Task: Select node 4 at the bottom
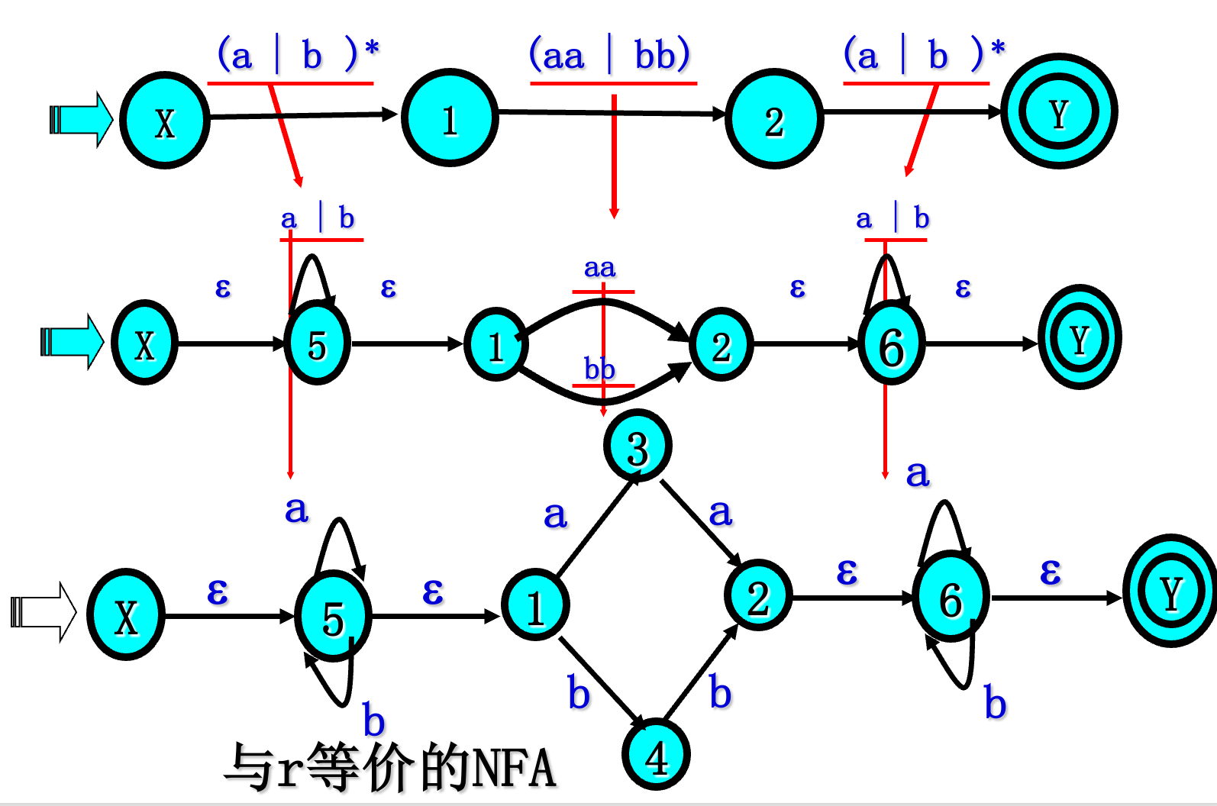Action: pyautogui.click(x=657, y=756)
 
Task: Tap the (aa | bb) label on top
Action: pyautogui.click(x=610, y=56)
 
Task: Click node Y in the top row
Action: pyautogui.click(x=1058, y=112)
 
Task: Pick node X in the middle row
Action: pyautogui.click(x=144, y=343)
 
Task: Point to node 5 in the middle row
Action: pyautogui.click(x=317, y=344)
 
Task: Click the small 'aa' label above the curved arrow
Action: pyautogui.click(x=599, y=268)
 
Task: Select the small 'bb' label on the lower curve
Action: pyautogui.click(x=599, y=369)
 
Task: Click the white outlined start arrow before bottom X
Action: pyautogui.click(x=44, y=612)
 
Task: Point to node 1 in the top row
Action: pyautogui.click(x=450, y=118)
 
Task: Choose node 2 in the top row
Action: pyautogui.click(x=773, y=119)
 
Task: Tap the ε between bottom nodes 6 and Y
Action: pyautogui.click(x=1051, y=571)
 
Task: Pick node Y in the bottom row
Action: pyautogui.click(x=1170, y=592)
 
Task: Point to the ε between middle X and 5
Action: pyautogui.click(x=222, y=288)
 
